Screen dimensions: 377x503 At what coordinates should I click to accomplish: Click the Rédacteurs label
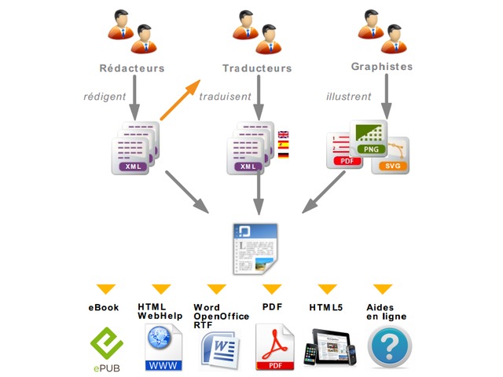coord(132,68)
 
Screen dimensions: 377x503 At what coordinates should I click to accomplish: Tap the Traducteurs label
coord(256,68)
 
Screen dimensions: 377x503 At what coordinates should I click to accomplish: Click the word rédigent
coord(106,97)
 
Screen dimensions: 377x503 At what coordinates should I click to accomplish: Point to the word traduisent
coord(225,97)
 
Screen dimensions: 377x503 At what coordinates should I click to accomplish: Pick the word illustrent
coord(349,97)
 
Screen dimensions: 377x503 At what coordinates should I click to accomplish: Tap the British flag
coord(284,135)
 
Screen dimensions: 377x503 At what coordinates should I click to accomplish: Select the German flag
coord(284,156)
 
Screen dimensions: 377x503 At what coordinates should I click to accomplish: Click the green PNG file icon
coord(366,139)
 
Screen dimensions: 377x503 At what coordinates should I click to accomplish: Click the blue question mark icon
coord(388,347)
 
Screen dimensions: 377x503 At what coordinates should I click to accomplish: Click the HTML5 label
coord(325,307)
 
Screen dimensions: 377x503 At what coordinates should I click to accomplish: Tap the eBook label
coord(104,307)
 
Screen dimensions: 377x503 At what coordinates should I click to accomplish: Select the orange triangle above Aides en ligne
coord(383,288)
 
